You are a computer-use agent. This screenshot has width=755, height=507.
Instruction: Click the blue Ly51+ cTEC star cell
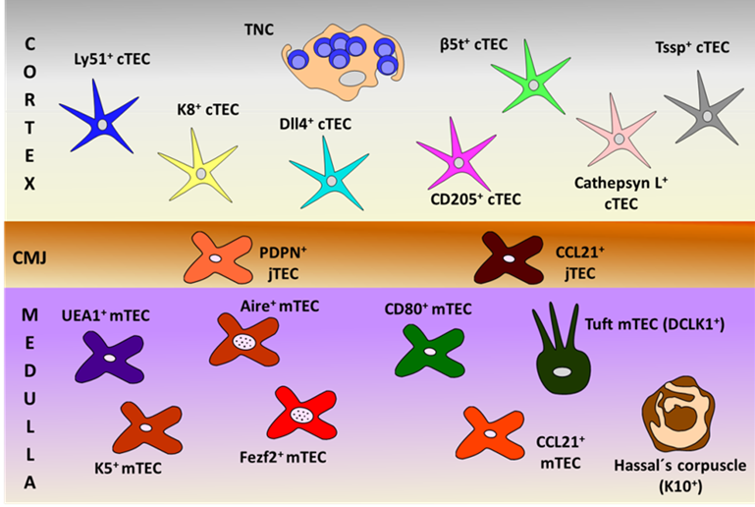(x=102, y=123)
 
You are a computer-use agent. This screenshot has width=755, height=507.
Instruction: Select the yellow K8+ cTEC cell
(x=200, y=173)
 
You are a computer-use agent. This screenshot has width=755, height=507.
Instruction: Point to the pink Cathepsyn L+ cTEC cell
(x=617, y=140)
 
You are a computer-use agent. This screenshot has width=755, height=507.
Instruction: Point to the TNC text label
(x=260, y=29)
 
